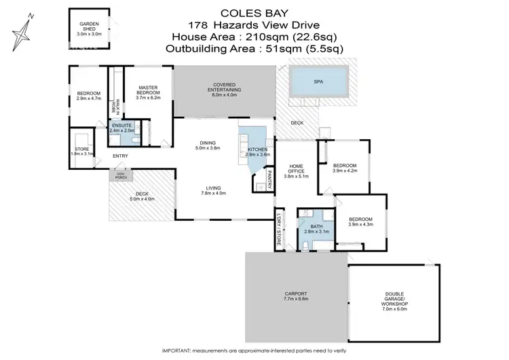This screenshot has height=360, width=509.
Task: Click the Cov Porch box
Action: tap(121, 175)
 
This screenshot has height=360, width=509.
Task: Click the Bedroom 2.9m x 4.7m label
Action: tap(88, 96)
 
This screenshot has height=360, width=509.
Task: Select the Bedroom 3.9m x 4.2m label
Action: tap(345, 168)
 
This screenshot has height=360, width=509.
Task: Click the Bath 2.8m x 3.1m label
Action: tap(317, 229)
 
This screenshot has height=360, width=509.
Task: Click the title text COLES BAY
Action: tap(254, 12)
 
